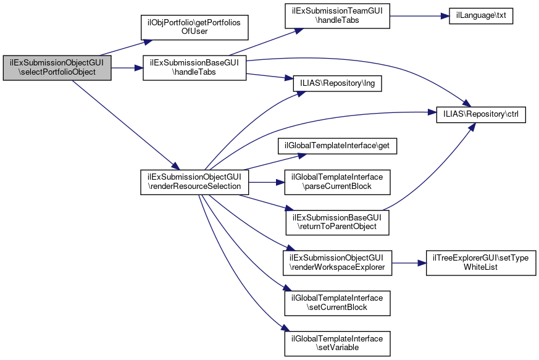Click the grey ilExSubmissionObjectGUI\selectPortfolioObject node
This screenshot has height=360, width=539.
(57, 67)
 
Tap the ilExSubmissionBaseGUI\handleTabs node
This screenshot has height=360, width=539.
(194, 67)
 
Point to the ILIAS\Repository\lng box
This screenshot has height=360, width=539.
(337, 83)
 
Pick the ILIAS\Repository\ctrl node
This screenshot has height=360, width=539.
(481, 115)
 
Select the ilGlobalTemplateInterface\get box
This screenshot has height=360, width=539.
(337, 146)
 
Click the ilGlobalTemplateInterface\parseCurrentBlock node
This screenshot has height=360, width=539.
(337, 182)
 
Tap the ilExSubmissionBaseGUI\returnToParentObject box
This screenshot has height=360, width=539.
(337, 222)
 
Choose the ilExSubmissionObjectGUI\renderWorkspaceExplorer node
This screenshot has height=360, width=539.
(337, 263)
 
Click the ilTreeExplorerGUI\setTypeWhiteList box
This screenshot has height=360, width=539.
(481, 263)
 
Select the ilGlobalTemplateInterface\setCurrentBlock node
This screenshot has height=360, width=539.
(337, 303)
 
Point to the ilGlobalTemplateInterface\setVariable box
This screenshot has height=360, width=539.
(337, 343)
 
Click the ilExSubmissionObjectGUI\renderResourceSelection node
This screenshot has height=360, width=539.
(194, 182)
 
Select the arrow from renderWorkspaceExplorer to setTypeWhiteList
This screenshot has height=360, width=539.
(409, 263)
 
